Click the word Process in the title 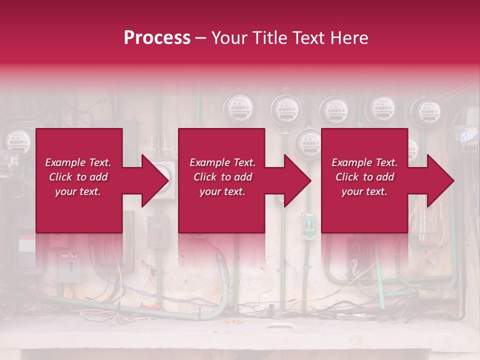(x=157, y=37)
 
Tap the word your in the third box (x=352, y=191)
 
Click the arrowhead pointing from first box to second (x=155, y=180)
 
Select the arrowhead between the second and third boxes (x=297, y=180)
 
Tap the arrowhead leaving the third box (x=440, y=180)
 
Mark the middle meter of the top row (x=333, y=109)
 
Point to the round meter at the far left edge (x=17, y=140)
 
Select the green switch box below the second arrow (x=308, y=226)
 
